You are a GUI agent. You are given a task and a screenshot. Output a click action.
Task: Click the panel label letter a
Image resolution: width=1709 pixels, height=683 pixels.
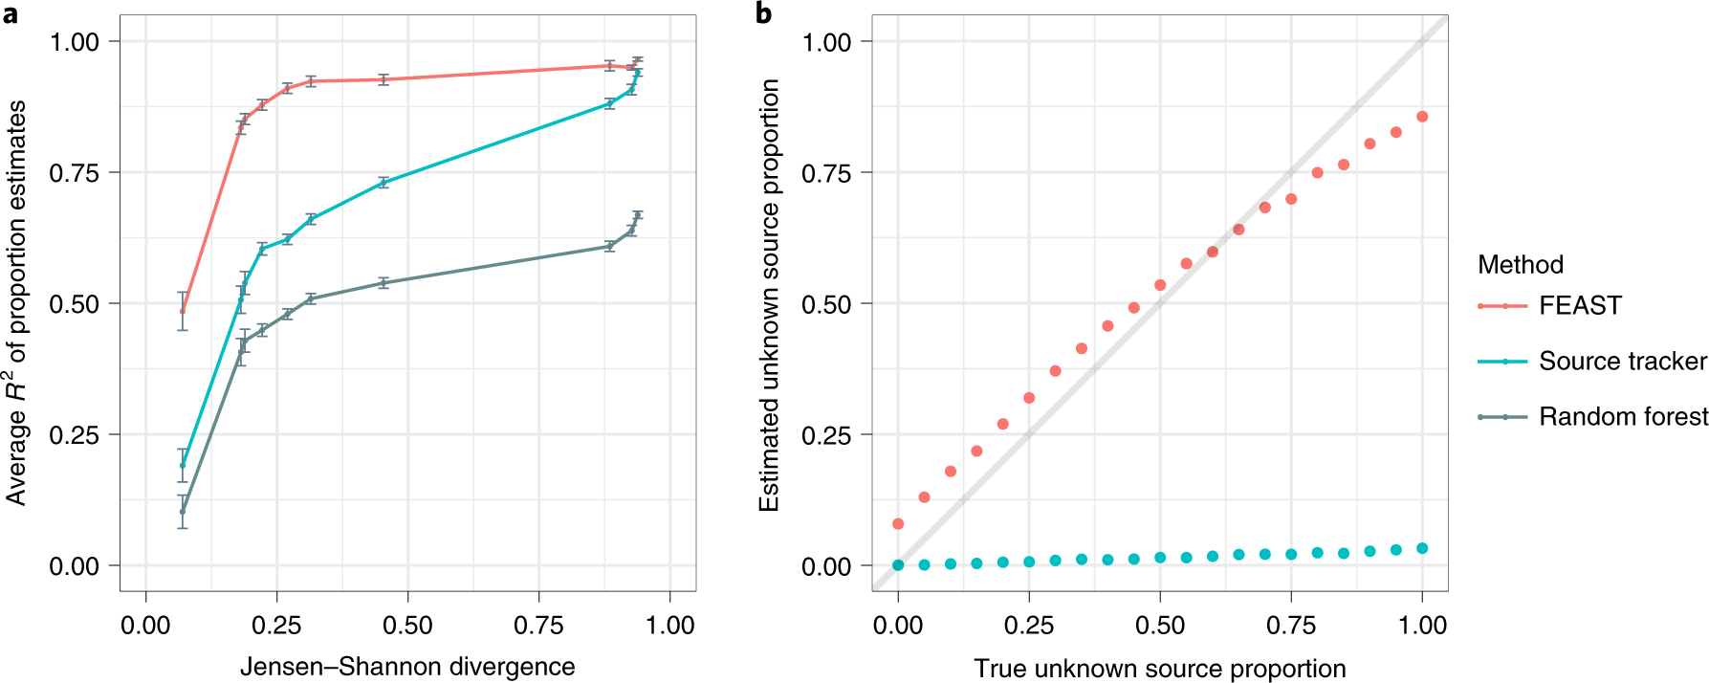coord(11,14)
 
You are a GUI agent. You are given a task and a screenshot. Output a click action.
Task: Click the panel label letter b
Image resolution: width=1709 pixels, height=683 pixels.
coord(763,13)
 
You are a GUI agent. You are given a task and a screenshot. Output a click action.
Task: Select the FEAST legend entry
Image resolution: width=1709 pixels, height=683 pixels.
coord(1579,305)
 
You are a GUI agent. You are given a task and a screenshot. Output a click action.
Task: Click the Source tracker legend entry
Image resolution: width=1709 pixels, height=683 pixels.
coord(1621,361)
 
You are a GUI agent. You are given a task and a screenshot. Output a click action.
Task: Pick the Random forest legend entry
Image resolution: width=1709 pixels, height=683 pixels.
coord(1622,416)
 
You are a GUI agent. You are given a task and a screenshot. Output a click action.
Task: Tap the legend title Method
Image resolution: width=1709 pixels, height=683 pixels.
coord(1520,264)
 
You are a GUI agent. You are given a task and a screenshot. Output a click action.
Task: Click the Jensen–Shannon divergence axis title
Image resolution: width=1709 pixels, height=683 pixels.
coord(407,667)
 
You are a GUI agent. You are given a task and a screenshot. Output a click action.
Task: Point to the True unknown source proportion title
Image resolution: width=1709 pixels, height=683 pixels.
coord(1159,669)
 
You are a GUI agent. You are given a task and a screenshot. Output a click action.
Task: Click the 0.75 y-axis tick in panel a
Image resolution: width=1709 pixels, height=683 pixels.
coord(74,173)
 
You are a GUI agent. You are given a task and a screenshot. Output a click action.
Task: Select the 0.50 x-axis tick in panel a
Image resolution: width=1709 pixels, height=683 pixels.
coord(407,626)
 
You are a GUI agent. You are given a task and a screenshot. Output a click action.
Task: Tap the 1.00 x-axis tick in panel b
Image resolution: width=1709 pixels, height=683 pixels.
coord(1422,626)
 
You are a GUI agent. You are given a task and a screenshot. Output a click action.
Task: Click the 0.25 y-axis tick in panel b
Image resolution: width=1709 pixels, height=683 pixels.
coord(826,435)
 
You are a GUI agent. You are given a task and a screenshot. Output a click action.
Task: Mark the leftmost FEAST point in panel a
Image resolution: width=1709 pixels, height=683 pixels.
coord(183,311)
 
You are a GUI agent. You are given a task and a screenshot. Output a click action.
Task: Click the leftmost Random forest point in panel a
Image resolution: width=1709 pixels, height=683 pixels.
coord(183,512)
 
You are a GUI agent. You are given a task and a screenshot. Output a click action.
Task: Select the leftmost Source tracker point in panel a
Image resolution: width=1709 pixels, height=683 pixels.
coord(183,466)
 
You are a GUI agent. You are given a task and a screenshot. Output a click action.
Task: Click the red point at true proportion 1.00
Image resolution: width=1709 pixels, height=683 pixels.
coord(1422,117)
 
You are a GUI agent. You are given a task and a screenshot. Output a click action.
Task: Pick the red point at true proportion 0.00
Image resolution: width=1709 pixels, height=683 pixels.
coord(898,524)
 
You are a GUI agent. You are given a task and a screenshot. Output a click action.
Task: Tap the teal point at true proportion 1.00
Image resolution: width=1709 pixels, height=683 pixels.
coord(1422,548)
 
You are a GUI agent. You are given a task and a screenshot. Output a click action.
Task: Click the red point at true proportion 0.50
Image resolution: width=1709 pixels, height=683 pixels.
coord(1160,285)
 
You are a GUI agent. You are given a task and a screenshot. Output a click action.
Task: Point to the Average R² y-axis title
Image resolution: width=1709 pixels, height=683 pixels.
coord(16,303)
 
